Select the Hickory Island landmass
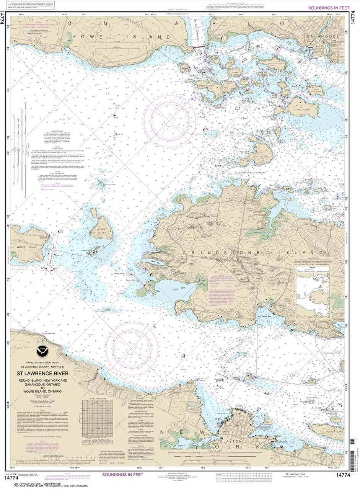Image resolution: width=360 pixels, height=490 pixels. tap(100, 229)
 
